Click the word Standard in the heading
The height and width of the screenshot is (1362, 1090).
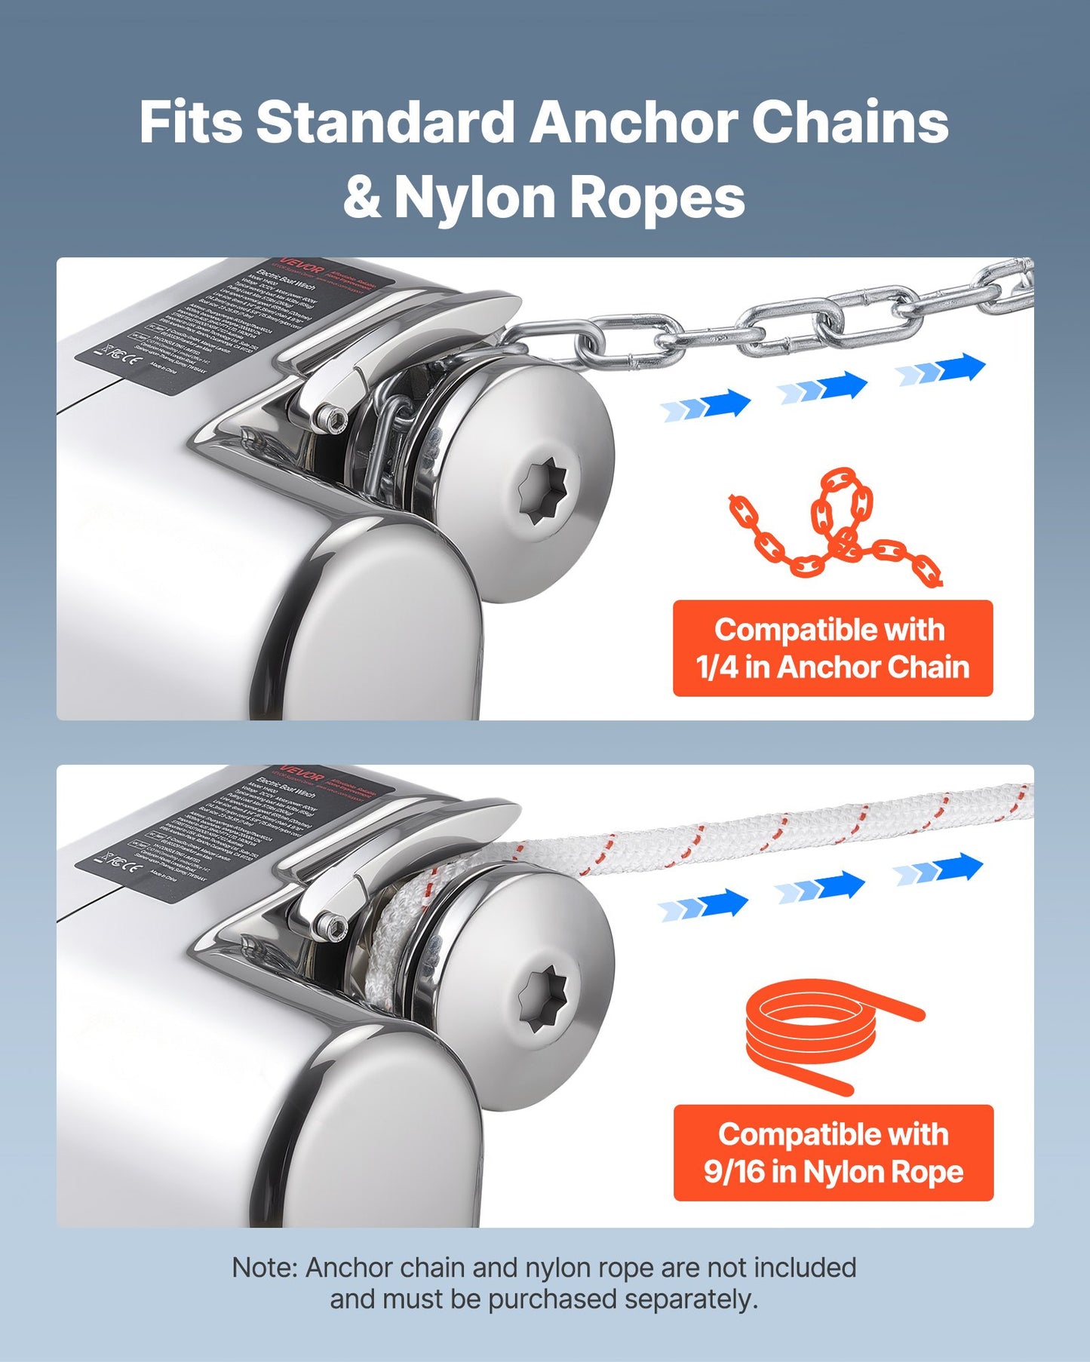[385, 123]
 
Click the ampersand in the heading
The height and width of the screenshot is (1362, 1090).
[363, 198]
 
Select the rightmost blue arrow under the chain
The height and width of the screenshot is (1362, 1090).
[941, 370]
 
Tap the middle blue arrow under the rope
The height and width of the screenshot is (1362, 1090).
[820, 887]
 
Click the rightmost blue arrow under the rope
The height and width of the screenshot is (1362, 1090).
[938, 869]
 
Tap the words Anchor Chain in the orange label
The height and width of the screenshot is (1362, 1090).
[874, 667]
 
